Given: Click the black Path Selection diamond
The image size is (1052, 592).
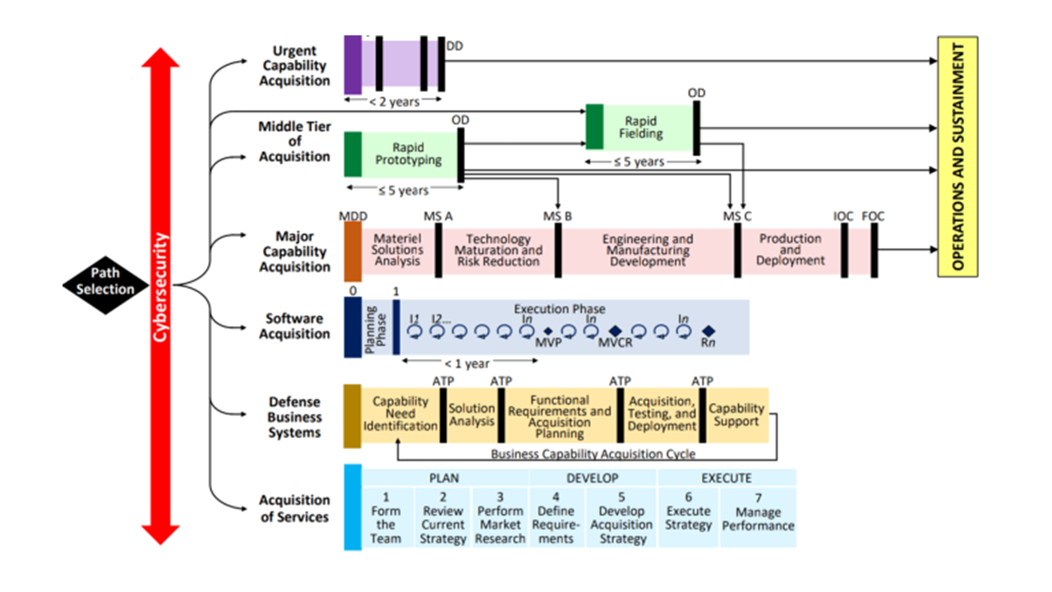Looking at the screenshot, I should pyautogui.click(x=104, y=281).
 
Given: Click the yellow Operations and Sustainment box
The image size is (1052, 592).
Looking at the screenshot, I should pyautogui.click(x=957, y=157).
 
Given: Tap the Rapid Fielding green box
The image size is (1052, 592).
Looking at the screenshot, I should pyautogui.click(x=641, y=127).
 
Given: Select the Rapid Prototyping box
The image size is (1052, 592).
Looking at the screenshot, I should pyautogui.click(x=408, y=154).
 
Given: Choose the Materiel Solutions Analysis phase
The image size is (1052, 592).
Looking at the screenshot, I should pyautogui.click(x=397, y=250).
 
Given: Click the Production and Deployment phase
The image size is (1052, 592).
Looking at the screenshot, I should pyautogui.click(x=790, y=250).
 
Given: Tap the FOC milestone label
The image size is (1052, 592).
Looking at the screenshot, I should pyautogui.click(x=874, y=216).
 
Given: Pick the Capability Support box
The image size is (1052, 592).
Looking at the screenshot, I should pyautogui.click(x=736, y=414).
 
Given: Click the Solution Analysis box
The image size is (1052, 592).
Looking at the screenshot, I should pyautogui.click(x=472, y=414).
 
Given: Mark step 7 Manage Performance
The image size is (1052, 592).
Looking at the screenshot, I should pyautogui.click(x=759, y=518).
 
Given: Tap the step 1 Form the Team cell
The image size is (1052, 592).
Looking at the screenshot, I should pyautogui.click(x=386, y=518).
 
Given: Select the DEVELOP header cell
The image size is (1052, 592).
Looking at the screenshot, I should pyautogui.click(x=592, y=478).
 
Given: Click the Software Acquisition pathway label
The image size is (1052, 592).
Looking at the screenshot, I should pyautogui.click(x=294, y=326).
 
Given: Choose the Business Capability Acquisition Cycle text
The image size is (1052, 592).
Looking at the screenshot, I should pyautogui.click(x=593, y=454).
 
